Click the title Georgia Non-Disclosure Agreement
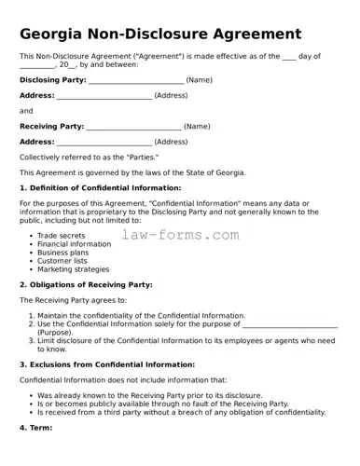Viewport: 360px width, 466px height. pyautogui.click(x=160, y=34)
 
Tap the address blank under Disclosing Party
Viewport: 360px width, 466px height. pyautogui.click(x=104, y=96)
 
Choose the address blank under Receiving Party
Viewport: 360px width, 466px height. pyautogui.click(x=104, y=142)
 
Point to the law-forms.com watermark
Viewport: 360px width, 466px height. pyautogui.click(x=181, y=235)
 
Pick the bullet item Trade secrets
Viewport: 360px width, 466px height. pyautogui.click(x=61, y=236)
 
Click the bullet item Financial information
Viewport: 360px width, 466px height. pyautogui.click(x=74, y=244)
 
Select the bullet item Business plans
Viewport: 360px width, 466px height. pyautogui.click(x=63, y=253)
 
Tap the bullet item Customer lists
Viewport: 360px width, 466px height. pyautogui.click(x=62, y=261)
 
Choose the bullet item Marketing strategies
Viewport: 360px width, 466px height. pyautogui.click(x=73, y=269)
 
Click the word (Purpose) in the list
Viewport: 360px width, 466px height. pyautogui.click(x=55, y=333)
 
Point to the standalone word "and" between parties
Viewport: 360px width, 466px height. pyautogui.click(x=26, y=111)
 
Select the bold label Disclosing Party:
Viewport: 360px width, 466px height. pyautogui.click(x=53, y=80)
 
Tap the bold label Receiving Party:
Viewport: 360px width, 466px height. pyautogui.click(x=52, y=126)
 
